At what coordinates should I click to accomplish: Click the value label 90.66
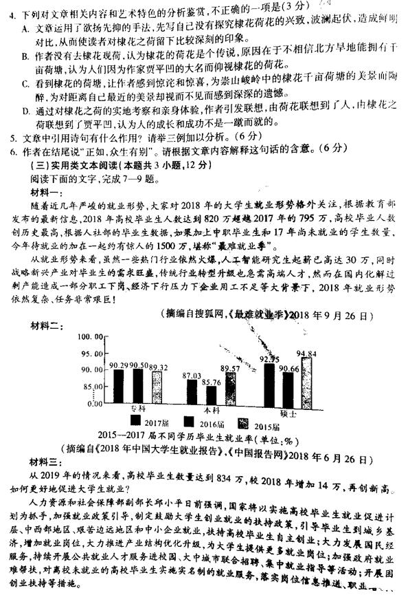(288, 369)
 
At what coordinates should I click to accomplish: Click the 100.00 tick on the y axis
(90, 337)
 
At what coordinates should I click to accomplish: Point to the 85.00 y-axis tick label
(91, 387)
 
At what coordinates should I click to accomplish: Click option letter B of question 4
(25, 55)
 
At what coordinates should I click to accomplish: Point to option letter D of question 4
(25, 109)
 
